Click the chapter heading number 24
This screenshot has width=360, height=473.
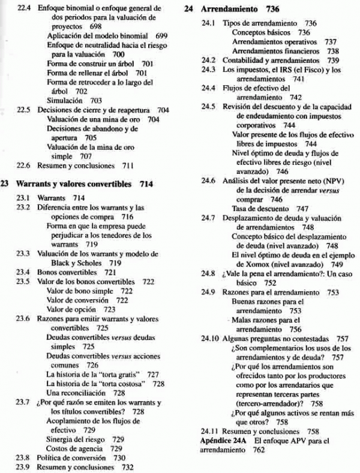pos(190,10)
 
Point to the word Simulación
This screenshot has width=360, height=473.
pos(65,100)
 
